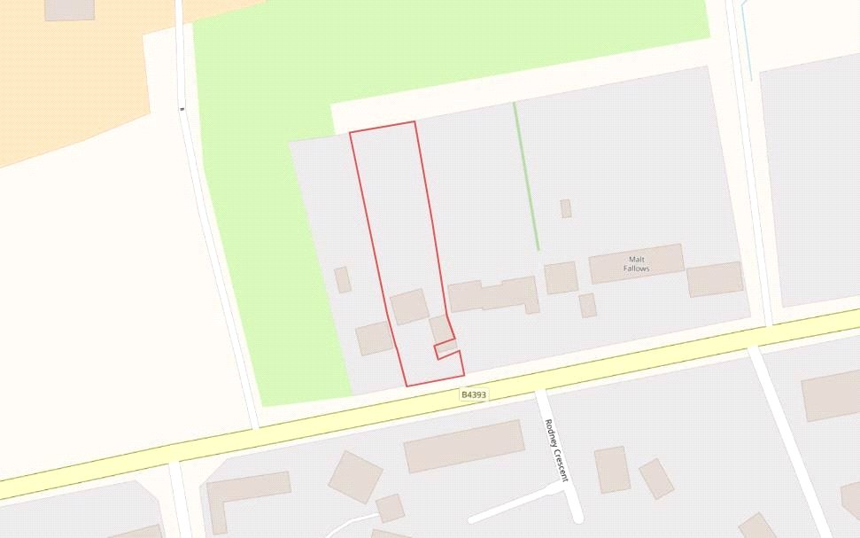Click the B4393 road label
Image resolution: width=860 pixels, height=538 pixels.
click(474, 394)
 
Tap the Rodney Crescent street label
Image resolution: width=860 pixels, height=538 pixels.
click(555, 450)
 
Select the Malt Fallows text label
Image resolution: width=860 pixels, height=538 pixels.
click(636, 263)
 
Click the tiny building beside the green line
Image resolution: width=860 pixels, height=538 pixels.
click(565, 208)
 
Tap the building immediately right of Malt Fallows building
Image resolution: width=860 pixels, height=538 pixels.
click(715, 278)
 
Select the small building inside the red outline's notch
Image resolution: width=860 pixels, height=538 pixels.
click(446, 347)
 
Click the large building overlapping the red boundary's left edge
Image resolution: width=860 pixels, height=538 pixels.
click(409, 307)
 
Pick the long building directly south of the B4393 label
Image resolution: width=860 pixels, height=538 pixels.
click(464, 446)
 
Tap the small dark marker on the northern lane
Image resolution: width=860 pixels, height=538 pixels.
click(182, 109)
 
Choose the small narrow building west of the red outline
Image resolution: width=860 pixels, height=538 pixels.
click(343, 279)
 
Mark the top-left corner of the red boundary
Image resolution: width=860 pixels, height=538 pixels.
click(351, 133)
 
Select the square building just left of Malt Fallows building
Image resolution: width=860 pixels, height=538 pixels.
click(561, 277)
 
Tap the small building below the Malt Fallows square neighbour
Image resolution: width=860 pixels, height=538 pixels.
click(587, 305)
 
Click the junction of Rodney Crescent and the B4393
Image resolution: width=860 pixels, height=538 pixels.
click(538, 390)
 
